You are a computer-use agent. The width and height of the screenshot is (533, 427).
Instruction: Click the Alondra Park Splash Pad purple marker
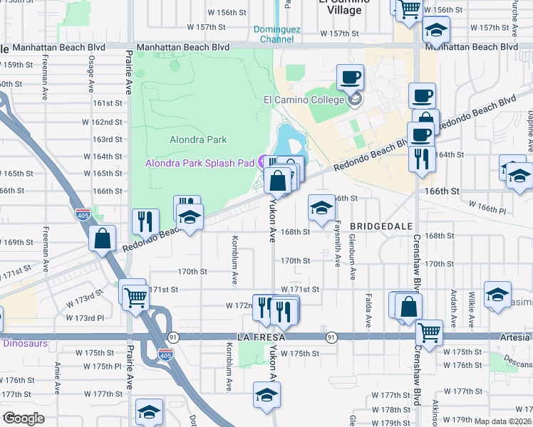262,162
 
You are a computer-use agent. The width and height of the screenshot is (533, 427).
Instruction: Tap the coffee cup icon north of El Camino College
350,78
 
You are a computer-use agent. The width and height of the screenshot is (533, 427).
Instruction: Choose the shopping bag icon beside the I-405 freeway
103,238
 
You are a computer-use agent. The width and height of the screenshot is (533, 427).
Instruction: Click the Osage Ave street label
91,75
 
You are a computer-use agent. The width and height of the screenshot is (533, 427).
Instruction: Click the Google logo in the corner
24,418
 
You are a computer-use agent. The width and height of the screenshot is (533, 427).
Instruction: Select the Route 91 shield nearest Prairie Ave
173,336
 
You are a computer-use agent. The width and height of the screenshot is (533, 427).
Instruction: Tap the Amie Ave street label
57,374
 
